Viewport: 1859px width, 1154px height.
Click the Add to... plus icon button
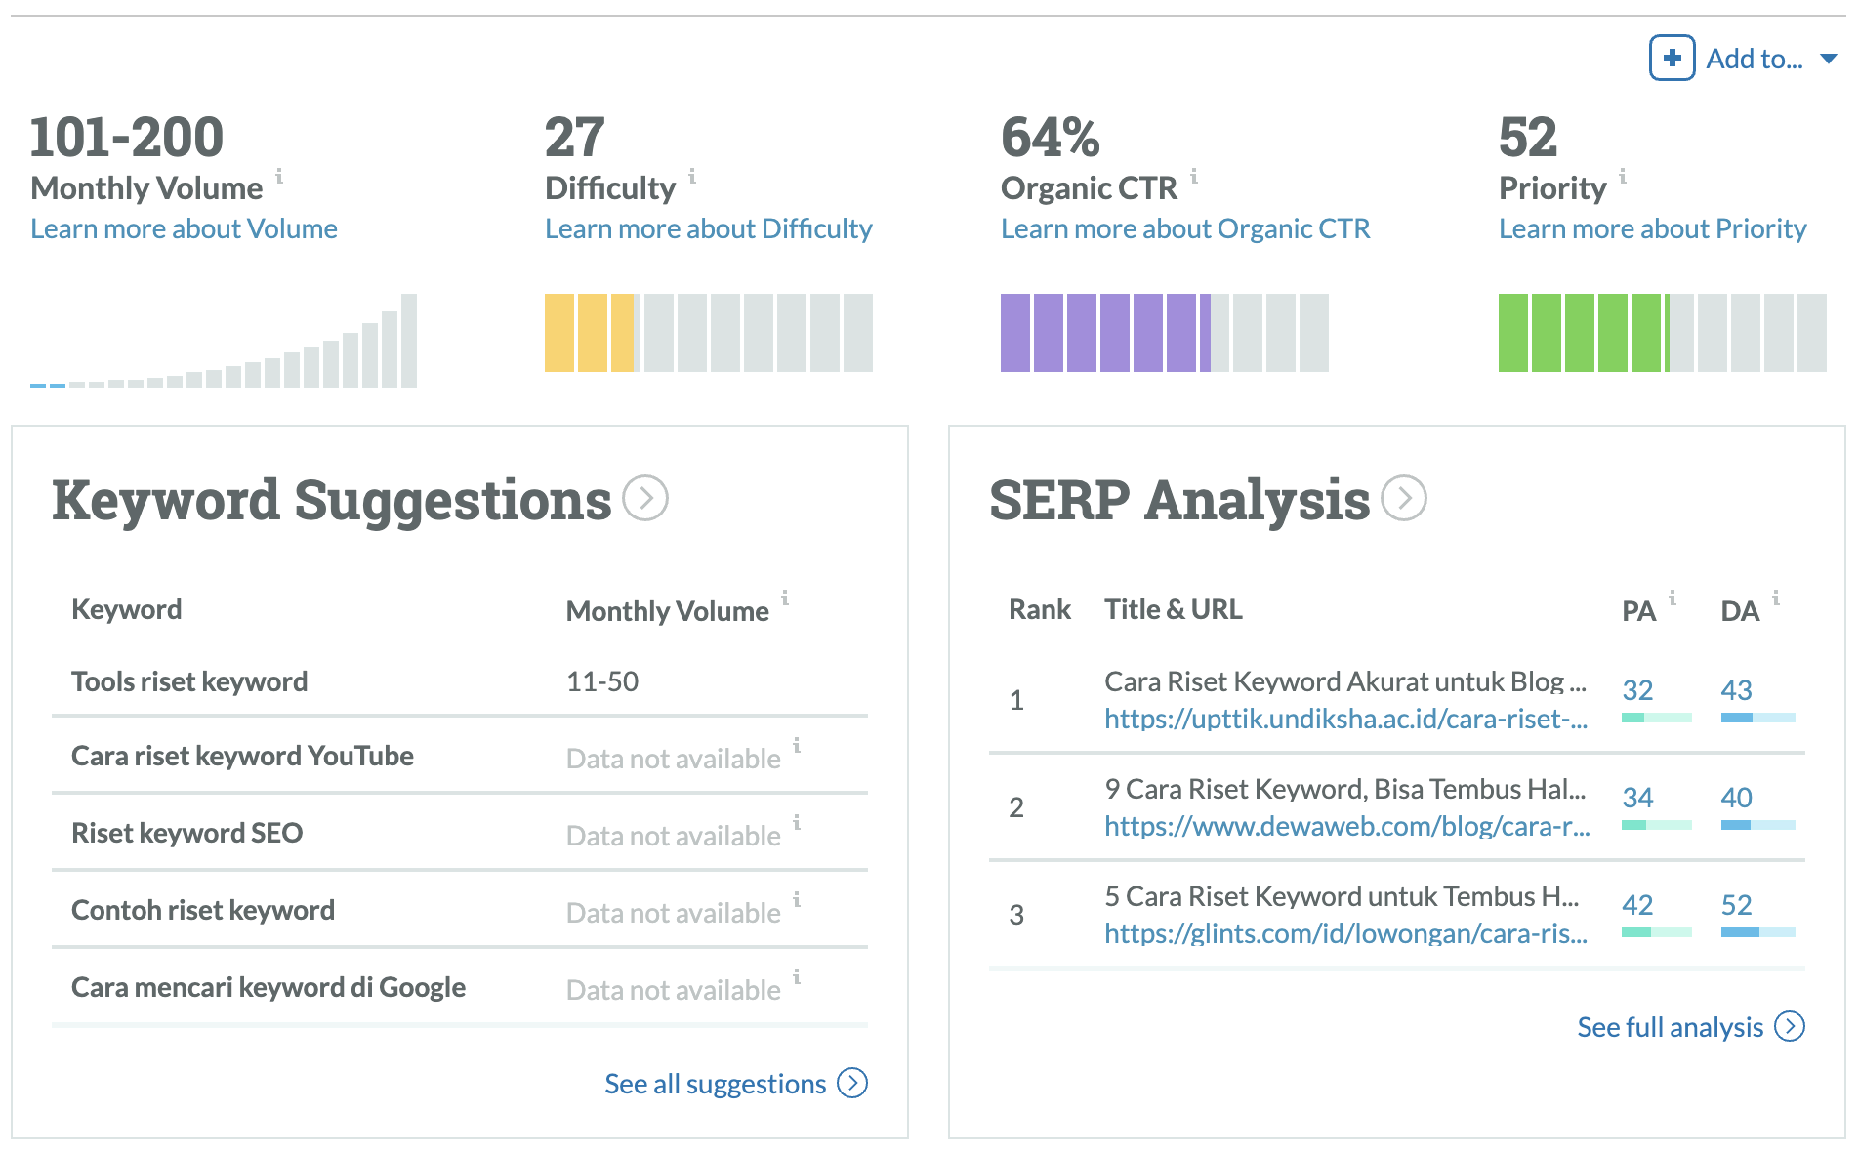pos(1672,58)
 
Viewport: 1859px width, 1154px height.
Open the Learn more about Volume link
pos(184,228)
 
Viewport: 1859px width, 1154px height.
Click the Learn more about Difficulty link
pos(708,228)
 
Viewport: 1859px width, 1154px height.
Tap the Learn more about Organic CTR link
pos(1184,228)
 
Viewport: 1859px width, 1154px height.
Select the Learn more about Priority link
pos(1652,228)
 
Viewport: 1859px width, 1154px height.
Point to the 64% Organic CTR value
pos(1050,137)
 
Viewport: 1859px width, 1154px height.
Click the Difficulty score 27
pos(574,137)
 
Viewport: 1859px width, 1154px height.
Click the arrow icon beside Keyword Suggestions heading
pos(645,498)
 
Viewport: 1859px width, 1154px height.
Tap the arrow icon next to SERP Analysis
pos(1404,498)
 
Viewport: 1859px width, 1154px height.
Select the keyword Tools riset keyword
pos(189,681)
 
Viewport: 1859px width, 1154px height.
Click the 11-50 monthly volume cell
pos(601,681)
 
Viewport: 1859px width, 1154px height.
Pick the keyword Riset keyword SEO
pos(186,833)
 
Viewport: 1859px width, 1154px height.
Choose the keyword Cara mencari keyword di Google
pos(268,987)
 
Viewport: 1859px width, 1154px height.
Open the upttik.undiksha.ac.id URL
pos(1345,720)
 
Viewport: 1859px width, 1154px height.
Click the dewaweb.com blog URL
pos(1346,827)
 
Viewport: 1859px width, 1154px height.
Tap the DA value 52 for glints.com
pos(1736,905)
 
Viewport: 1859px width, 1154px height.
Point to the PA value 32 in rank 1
pos(1637,690)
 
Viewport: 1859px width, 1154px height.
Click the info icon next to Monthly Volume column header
pos(785,598)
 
